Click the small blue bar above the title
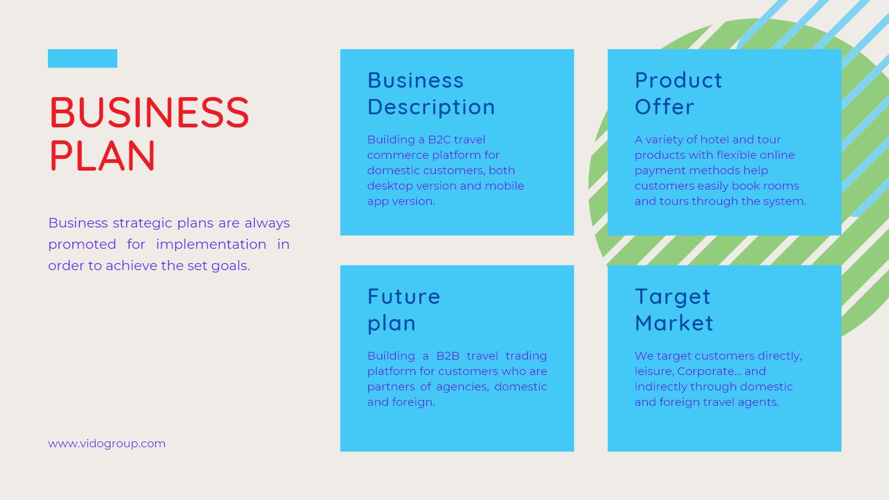click(82, 58)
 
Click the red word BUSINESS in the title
click(149, 113)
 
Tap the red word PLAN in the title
click(102, 156)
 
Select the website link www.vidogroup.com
click(107, 444)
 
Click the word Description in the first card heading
click(431, 107)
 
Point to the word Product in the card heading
click(678, 80)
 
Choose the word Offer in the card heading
click(665, 107)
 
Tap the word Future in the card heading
click(404, 296)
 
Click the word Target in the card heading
click(673, 297)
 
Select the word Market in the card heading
click(674, 323)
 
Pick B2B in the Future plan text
click(448, 355)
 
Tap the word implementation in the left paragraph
click(211, 245)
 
